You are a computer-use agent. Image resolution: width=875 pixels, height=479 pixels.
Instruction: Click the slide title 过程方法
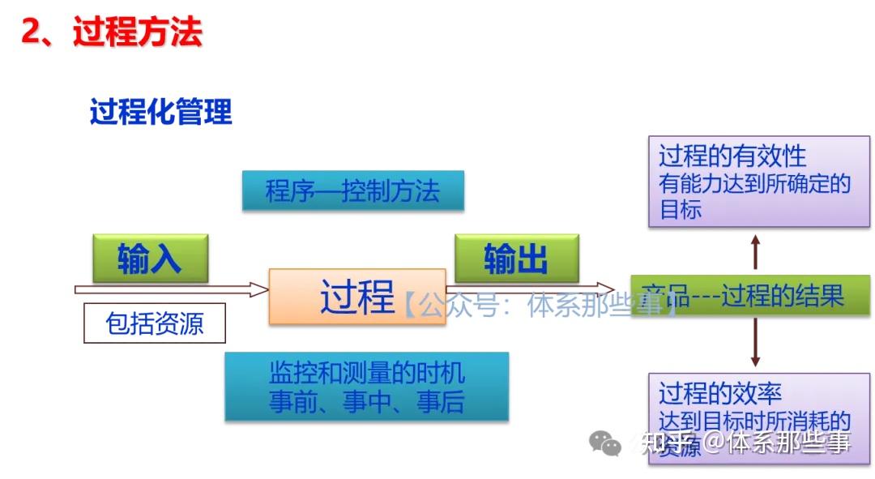[137, 32]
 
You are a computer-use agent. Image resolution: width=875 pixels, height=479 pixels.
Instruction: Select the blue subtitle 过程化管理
[160, 113]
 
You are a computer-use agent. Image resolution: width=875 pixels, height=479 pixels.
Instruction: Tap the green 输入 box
[150, 259]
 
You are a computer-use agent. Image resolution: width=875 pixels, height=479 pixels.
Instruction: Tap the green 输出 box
[516, 259]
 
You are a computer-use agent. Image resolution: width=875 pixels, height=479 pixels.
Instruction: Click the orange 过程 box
[356, 297]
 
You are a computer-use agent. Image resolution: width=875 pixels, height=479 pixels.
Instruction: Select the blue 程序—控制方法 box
[352, 191]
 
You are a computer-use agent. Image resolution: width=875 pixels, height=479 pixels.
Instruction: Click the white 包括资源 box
[155, 324]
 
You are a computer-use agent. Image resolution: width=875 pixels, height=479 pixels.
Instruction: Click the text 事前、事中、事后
[366, 402]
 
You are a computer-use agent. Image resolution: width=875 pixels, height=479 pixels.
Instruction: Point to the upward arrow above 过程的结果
[755, 252]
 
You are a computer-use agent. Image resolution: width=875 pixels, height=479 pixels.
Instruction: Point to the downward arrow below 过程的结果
[755, 341]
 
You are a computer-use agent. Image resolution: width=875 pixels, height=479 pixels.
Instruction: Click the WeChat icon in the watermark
[605, 443]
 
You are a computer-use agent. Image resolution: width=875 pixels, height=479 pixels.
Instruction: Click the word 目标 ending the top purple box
[681, 210]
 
